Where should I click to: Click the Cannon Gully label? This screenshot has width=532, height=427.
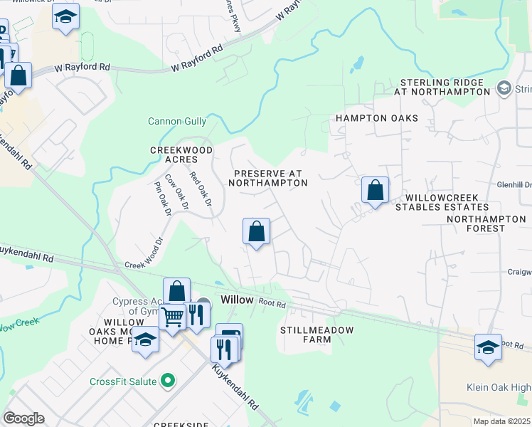coord(176,122)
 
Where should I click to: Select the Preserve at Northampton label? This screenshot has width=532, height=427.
coord(267,178)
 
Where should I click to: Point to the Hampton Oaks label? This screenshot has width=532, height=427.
coord(377,118)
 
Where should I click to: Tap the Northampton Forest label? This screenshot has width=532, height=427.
coord(486,223)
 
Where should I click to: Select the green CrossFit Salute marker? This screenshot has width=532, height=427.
coord(169,381)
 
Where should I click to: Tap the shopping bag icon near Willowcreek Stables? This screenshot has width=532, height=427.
coord(375,191)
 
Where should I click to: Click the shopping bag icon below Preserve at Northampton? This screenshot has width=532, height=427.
coord(256,231)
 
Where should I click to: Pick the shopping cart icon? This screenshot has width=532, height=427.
coord(172,317)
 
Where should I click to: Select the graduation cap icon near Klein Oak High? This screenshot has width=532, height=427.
coord(488,347)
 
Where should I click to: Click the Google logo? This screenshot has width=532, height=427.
coord(23,418)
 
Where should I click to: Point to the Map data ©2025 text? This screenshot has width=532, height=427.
coord(501,421)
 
